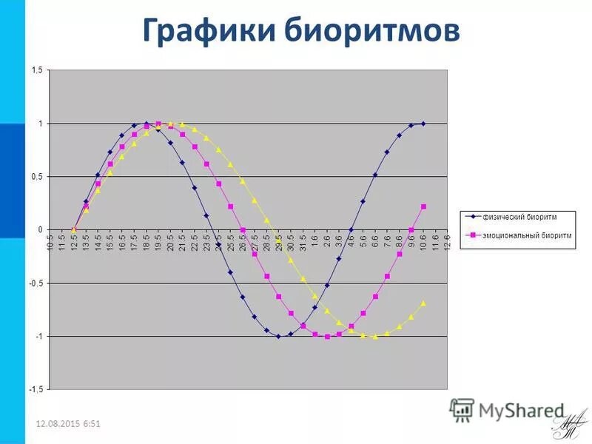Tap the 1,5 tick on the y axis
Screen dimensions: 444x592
click(36, 70)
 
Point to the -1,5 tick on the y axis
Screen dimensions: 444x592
click(35, 389)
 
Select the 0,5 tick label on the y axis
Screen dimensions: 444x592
click(36, 177)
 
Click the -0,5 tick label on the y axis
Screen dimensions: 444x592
click(35, 283)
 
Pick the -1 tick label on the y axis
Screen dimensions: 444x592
click(38, 337)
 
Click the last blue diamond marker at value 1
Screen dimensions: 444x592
click(423, 124)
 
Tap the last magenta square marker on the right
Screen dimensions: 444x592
click(423, 206)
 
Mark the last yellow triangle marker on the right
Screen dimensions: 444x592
click(423, 303)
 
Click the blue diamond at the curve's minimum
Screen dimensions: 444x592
click(278, 337)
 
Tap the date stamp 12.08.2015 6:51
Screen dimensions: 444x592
click(68, 423)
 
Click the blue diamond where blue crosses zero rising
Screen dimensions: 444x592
click(351, 229)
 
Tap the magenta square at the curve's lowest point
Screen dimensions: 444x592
click(327, 337)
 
